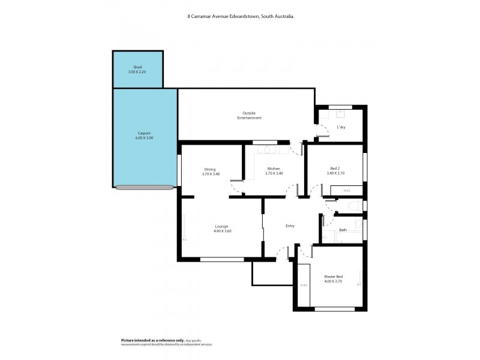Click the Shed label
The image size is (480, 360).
137,67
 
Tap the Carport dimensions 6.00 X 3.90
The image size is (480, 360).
145,138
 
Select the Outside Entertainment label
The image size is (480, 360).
249,115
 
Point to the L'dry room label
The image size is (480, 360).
341,127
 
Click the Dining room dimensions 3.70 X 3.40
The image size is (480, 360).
210,174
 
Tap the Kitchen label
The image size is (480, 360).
274,169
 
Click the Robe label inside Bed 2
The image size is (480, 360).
347,191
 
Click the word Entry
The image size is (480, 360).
290,226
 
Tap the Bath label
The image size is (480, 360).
343,230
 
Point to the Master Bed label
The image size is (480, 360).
333,277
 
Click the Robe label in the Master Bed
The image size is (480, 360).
304,285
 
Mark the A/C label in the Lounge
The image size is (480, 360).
184,239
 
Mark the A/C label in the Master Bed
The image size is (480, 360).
359,284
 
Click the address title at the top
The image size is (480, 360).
241,17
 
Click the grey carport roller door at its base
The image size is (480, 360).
145,187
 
